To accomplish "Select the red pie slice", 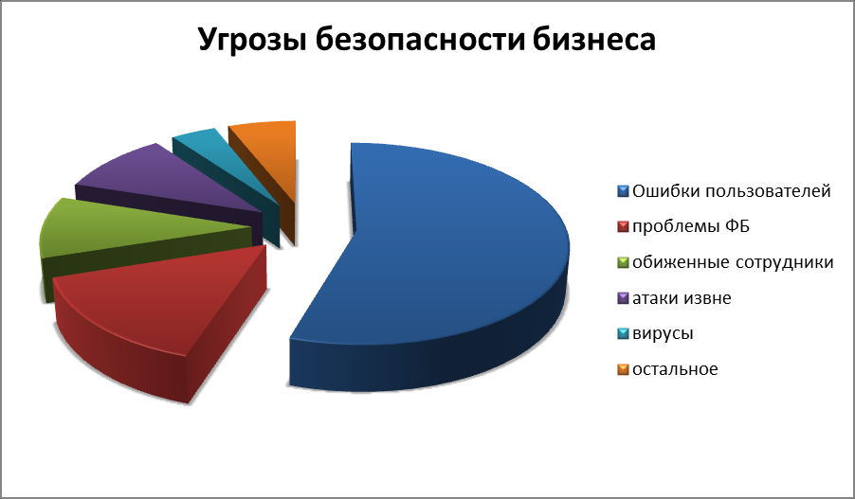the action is (x=158, y=311).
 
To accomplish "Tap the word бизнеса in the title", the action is (x=593, y=39).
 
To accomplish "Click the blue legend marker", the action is (x=624, y=191).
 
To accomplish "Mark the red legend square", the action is (x=624, y=226).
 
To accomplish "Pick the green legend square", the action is (x=624, y=262).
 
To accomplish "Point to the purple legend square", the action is (x=624, y=298).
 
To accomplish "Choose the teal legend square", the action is (x=624, y=333).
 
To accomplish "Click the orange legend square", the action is (x=624, y=369).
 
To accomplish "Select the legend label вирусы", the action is (x=664, y=334).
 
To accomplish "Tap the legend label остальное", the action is (x=675, y=369).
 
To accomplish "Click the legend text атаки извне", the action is (x=682, y=298).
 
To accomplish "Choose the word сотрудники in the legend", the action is (x=785, y=262).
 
